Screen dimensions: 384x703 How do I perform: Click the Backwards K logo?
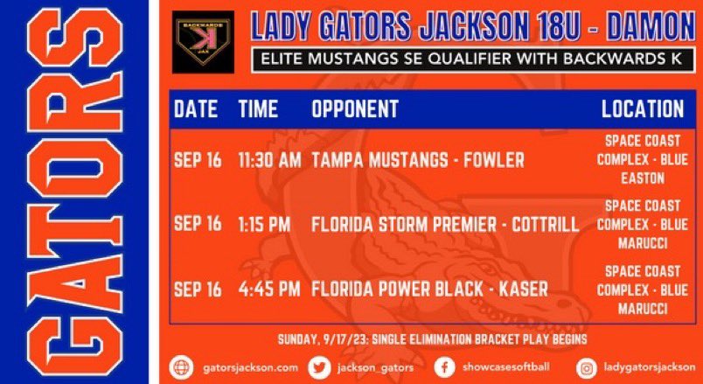pos(203,41)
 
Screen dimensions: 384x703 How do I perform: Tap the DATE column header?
pos(196,108)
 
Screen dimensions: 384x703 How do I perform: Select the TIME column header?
pos(258,108)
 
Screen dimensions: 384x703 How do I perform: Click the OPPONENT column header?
pos(354,108)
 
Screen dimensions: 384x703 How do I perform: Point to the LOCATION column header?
pos(643,108)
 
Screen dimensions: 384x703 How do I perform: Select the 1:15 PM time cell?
pos(263,225)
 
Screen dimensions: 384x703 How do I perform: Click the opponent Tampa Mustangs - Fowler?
pos(418,161)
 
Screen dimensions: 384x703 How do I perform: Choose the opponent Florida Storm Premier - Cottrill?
pos(445,225)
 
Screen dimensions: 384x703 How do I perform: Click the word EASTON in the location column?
pos(643,178)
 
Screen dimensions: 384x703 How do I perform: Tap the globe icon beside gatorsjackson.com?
pos(179,368)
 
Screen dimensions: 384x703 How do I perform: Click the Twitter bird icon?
pos(322,368)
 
